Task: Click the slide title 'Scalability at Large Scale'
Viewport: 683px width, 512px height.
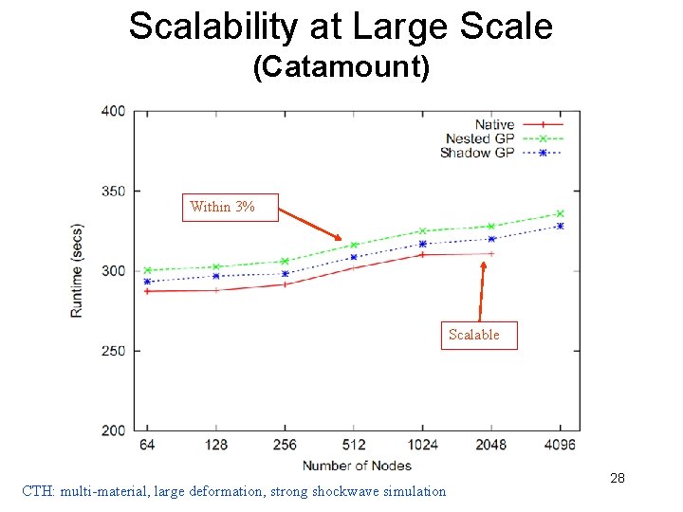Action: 341,26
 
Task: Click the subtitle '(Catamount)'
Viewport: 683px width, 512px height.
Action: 341,67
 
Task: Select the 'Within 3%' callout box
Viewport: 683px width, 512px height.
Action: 230,207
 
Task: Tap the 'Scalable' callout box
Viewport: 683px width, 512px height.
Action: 478,335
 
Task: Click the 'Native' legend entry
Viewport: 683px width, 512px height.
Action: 494,124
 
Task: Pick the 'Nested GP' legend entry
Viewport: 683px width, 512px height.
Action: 480,138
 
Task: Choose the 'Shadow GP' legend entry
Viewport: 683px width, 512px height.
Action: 477,153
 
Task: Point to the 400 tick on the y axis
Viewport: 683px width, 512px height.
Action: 114,111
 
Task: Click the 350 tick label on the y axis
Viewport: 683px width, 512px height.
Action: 114,192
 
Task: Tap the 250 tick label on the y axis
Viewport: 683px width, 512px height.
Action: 114,351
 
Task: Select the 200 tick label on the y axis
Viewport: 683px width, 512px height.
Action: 114,430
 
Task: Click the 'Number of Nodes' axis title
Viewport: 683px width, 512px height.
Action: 357,465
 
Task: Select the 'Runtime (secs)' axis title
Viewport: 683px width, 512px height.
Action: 77,270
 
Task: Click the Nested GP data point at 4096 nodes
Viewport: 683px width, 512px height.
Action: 560,213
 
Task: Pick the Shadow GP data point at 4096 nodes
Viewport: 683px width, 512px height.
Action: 560,226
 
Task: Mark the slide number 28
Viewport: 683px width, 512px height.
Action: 618,479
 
